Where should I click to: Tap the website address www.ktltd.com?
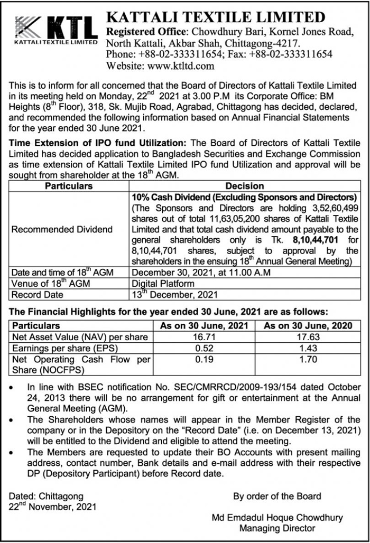point(180,66)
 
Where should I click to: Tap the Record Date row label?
point(37,295)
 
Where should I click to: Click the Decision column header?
point(245,186)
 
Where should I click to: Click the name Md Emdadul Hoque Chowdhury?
point(277,518)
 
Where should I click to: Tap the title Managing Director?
point(277,528)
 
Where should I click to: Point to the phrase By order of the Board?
point(277,496)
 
